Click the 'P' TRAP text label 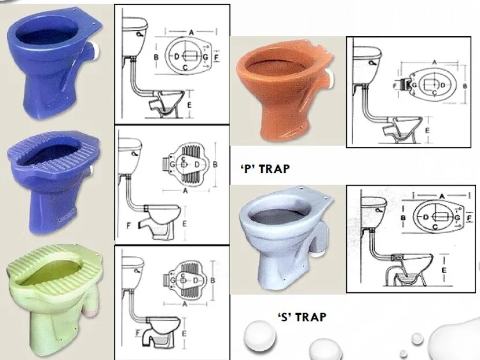[264, 168]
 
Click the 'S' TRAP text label [302, 317]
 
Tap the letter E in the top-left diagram [189, 104]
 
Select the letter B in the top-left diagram [156, 57]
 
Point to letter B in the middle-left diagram [215, 165]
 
